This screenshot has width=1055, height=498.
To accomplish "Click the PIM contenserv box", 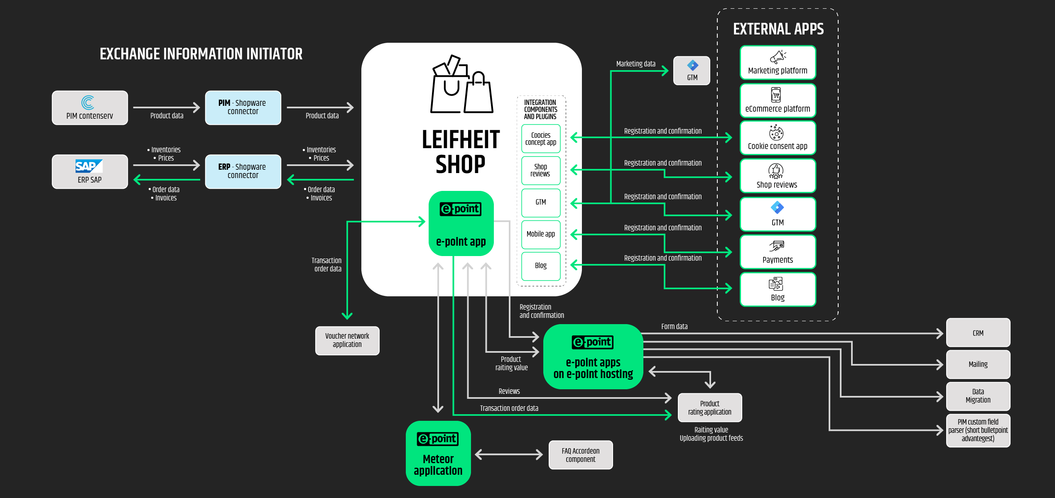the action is pos(90,108).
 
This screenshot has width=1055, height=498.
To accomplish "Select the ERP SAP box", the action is pos(90,172).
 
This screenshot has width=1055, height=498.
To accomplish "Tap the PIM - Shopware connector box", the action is pos(243,108).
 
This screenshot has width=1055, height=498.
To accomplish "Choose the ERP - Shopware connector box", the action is pos(243,172).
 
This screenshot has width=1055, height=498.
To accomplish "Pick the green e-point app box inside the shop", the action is pos(461,223).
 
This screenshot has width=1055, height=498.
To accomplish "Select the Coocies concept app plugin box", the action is pos(541,139).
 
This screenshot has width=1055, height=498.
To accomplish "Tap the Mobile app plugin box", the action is pos(541,234).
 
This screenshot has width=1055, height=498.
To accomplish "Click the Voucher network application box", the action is pos(347,341).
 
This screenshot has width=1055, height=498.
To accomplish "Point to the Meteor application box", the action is pos(438,453).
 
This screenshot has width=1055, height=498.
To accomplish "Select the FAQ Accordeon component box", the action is pos(581,455).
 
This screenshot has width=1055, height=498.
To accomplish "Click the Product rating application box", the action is pos(710,408).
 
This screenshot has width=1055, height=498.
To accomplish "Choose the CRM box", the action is pos(978,332).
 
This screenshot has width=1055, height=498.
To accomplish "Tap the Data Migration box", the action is pos(978,396).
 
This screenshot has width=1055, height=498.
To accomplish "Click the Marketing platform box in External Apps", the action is pos(778,62).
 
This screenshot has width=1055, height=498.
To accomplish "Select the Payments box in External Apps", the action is pos(778,252).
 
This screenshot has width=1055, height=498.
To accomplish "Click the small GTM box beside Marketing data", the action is pos(692,71).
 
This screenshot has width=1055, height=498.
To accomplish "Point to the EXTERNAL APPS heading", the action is pos(778,29).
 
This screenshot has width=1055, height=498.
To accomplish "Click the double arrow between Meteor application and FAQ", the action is pos(509,454).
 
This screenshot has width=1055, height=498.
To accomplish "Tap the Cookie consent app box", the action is pos(778,138).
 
